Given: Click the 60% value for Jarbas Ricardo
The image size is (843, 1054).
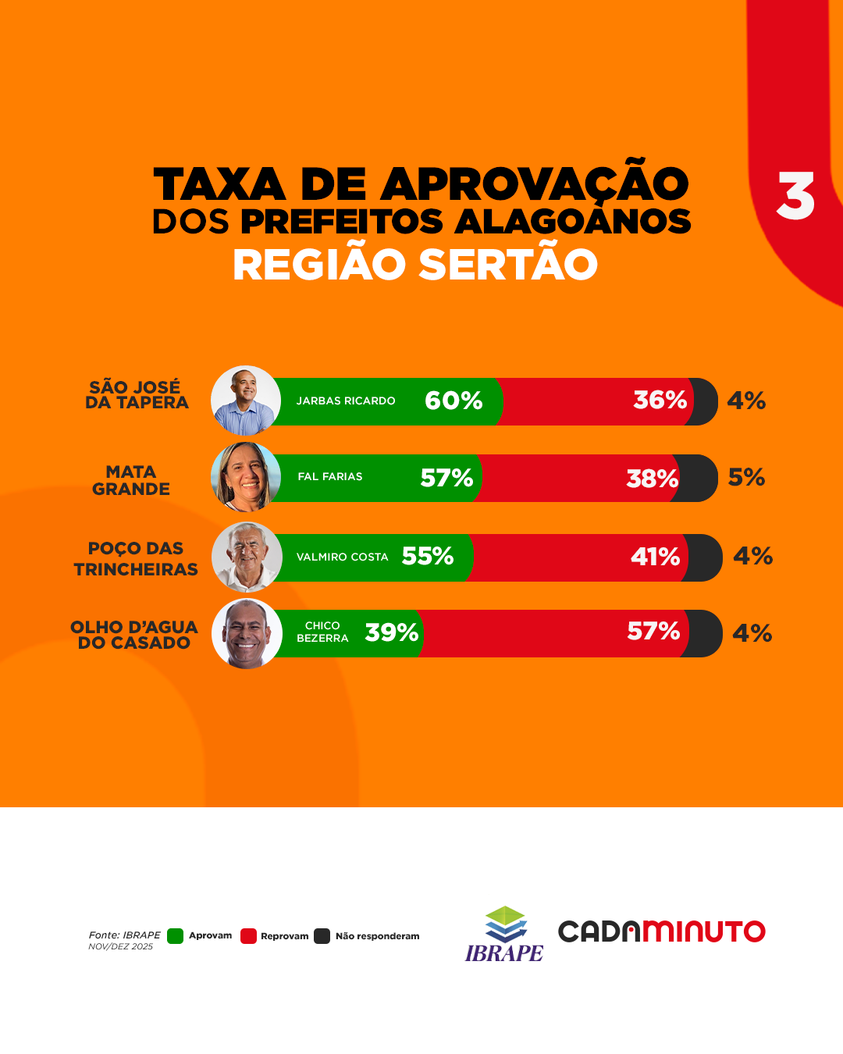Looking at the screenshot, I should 454,401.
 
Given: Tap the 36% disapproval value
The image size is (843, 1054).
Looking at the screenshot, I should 660,400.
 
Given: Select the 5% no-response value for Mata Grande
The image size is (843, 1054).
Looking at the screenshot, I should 746,477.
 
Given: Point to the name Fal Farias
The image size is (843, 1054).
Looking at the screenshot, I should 330,476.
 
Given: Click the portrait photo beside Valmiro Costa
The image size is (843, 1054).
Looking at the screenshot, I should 247,557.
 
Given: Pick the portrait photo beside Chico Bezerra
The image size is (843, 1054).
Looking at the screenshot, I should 247,633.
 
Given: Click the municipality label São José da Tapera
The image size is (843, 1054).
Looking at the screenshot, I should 137,395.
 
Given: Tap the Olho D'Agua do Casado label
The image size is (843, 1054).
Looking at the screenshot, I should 134,635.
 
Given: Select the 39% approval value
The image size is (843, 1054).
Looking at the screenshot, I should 392,632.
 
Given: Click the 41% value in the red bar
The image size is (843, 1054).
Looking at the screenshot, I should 655,557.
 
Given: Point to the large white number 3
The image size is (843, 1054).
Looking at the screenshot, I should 795,196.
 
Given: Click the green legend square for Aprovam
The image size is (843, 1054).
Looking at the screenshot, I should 176,936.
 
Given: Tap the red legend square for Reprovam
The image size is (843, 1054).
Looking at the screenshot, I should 248,936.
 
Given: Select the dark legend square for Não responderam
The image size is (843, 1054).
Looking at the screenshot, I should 322,936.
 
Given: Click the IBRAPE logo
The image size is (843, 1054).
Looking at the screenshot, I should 504,935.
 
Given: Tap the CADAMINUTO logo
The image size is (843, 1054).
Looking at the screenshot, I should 661,931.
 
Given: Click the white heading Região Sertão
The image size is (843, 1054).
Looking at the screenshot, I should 415,265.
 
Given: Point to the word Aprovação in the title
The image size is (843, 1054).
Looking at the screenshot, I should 534,184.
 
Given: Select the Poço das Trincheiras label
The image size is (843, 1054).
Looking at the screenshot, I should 136,559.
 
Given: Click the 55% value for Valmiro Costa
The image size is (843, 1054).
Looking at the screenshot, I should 428,556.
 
